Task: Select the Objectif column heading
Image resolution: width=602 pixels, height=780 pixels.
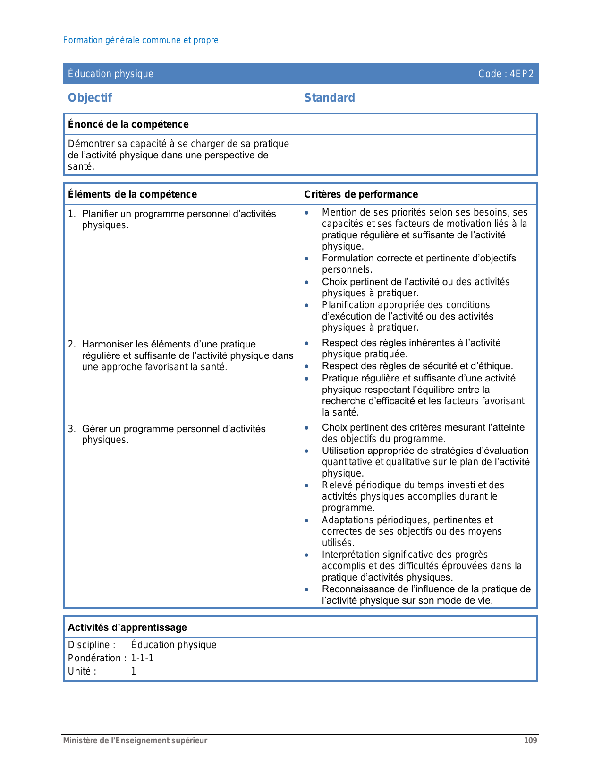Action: [90, 98]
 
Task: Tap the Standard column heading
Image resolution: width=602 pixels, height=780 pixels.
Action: [330, 98]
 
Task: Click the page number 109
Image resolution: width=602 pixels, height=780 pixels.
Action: [530, 740]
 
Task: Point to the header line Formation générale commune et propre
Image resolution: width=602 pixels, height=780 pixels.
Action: [141, 40]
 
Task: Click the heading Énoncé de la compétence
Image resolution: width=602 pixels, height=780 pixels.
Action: [128, 124]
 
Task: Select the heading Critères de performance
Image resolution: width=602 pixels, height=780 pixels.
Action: [361, 194]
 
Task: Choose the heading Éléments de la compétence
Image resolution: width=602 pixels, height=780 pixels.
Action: [132, 194]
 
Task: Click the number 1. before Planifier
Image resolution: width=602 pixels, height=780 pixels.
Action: [71, 214]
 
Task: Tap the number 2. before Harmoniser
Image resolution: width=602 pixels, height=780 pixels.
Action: [71, 344]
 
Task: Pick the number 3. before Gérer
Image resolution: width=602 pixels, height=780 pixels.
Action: [71, 429]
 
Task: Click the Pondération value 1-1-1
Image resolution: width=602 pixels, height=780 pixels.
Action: [142, 658]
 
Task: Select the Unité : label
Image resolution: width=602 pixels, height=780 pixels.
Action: [82, 671]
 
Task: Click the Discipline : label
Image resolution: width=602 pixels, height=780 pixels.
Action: [92, 645]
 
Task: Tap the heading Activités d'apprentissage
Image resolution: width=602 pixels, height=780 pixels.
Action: [127, 627]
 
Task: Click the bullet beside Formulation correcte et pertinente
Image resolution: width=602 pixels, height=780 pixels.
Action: [307, 259]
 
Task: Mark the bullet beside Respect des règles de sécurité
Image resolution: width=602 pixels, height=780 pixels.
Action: [307, 366]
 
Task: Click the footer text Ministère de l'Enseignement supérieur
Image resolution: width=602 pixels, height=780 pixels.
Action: [136, 740]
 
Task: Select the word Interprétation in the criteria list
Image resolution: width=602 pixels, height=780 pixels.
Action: [350, 555]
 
